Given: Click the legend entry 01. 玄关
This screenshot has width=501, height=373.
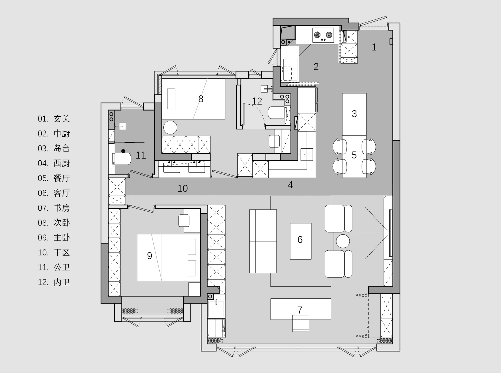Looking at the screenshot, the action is (x=54, y=119).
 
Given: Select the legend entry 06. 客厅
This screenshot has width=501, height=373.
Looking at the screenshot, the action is (x=54, y=193).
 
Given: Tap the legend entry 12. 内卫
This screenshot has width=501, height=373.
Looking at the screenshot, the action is (x=54, y=282).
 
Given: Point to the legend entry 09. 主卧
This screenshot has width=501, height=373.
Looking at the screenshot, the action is (x=54, y=238).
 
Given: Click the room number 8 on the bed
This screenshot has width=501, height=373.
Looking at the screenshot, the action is (x=201, y=99).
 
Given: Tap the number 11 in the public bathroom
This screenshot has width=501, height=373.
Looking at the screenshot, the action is (x=141, y=155).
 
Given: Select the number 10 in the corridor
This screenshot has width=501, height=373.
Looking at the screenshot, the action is (x=183, y=188).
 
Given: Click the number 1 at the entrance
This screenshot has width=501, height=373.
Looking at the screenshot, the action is (x=374, y=47).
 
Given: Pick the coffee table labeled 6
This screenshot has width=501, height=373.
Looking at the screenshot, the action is (x=301, y=241).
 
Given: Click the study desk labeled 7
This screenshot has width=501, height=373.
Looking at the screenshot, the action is (x=301, y=309).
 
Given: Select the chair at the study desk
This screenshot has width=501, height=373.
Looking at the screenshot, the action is (x=301, y=323).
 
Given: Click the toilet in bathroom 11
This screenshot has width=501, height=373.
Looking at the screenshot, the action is (x=122, y=159).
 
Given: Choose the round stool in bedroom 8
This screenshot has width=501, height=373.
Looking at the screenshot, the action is (x=170, y=127).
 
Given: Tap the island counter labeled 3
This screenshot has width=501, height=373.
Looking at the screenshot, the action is (x=354, y=114).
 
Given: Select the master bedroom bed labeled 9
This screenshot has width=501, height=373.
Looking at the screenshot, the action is (x=169, y=258).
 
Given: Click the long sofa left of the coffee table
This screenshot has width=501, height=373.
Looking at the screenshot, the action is (x=263, y=241).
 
